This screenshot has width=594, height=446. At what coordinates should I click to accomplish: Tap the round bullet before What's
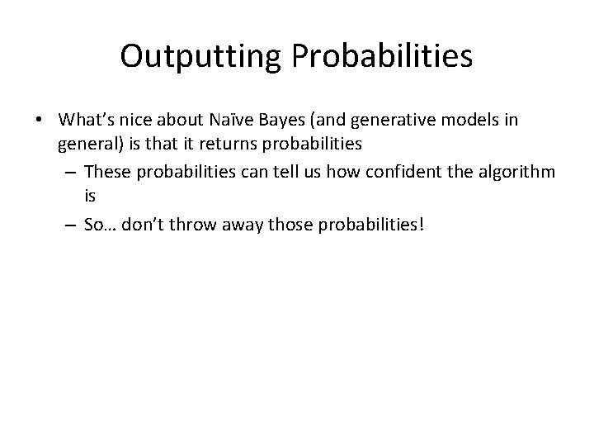tap(40, 121)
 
